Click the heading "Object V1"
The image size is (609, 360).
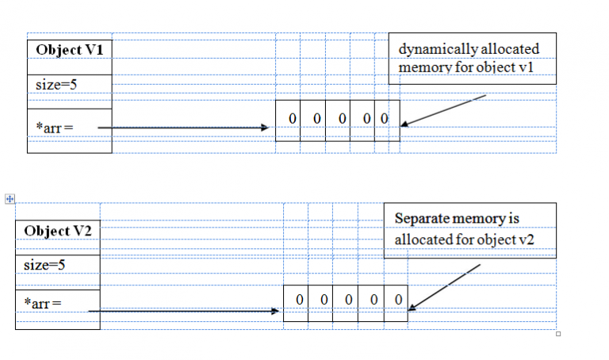tap(70, 50)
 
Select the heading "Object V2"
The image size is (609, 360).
tap(58, 231)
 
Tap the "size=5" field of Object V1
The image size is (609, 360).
tap(56, 85)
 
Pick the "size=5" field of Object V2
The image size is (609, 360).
tap(44, 266)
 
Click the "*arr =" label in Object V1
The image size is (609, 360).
tap(55, 128)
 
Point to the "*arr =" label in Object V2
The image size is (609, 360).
tap(43, 303)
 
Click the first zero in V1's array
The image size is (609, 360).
tap(293, 119)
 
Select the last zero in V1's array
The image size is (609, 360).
tap(385, 119)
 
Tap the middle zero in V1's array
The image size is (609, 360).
tap(343, 119)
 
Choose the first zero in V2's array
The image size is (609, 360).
tap(300, 300)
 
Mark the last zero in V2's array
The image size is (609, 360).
tap(399, 300)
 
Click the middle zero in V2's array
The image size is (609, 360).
tap(349, 300)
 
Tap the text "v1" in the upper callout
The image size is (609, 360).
tap(526, 67)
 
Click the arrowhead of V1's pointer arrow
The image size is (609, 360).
tap(265, 128)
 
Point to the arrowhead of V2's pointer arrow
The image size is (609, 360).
tap(275, 311)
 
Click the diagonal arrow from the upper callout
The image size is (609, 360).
tap(443, 111)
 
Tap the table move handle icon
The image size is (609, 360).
tap(10, 199)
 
